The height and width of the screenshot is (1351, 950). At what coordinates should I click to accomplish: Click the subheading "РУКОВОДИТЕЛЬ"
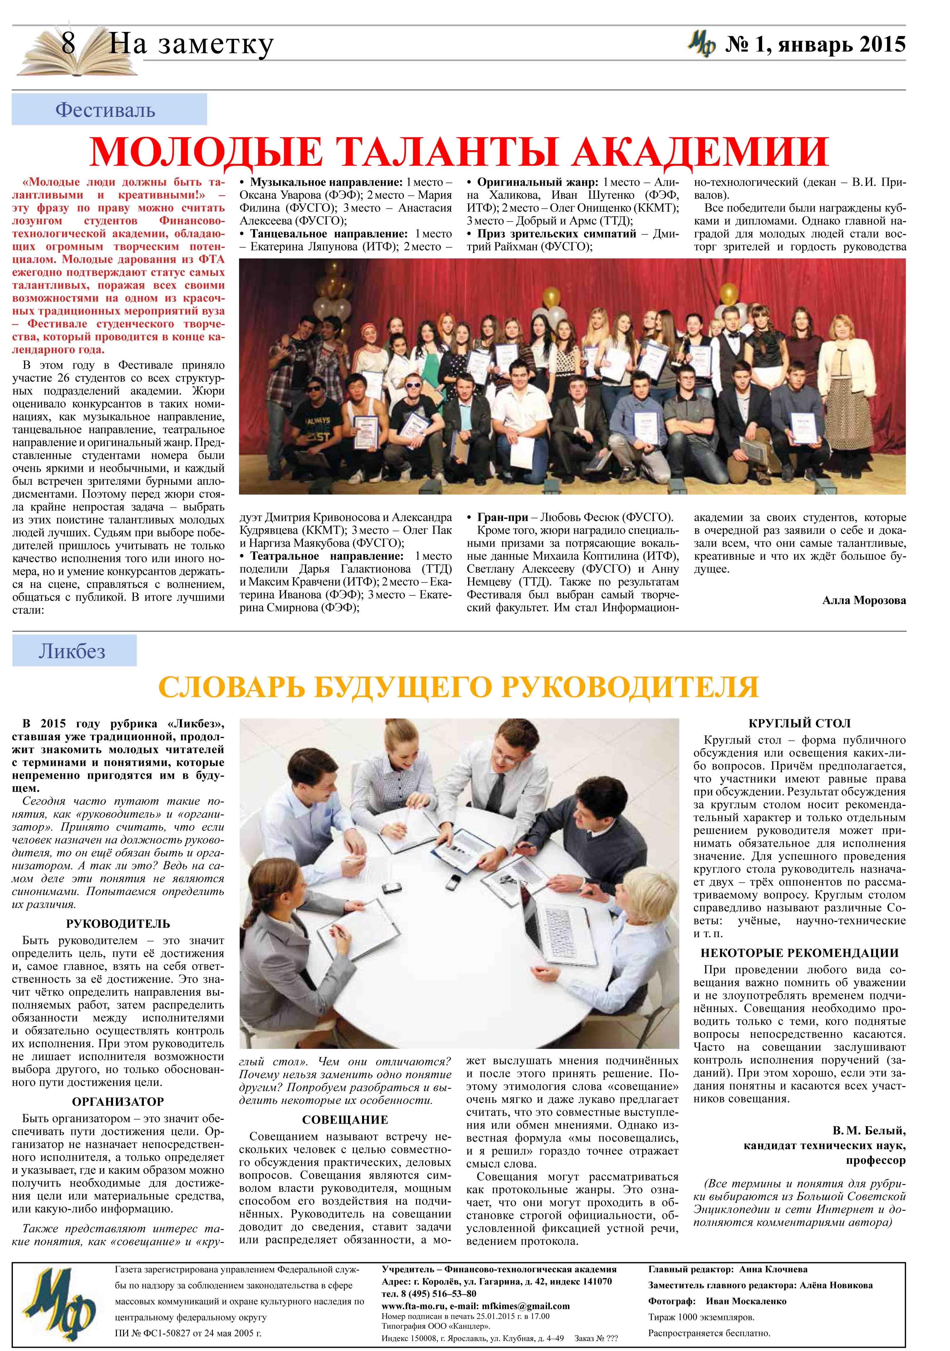(x=118, y=924)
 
